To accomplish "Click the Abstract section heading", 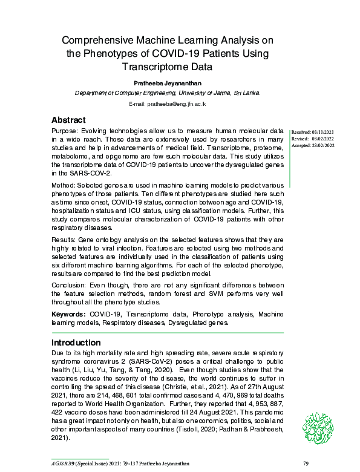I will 68,120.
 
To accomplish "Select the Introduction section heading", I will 76,343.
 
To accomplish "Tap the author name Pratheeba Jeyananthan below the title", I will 168,82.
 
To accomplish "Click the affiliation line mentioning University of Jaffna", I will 168,93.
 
